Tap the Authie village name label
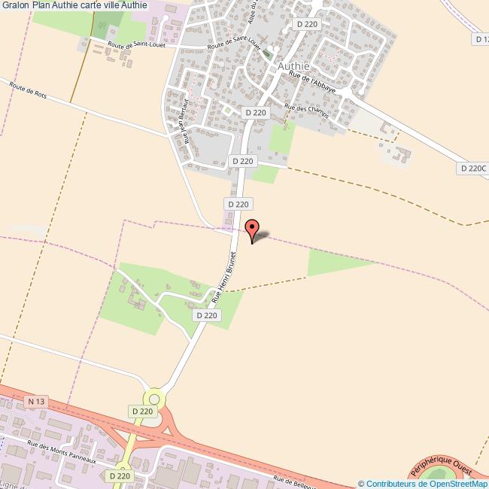click(296, 65)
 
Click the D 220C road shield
click(472, 169)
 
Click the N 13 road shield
click(37, 402)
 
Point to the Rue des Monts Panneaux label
click(62, 452)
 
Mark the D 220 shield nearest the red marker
click(238, 204)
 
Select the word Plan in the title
click(41, 5)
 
